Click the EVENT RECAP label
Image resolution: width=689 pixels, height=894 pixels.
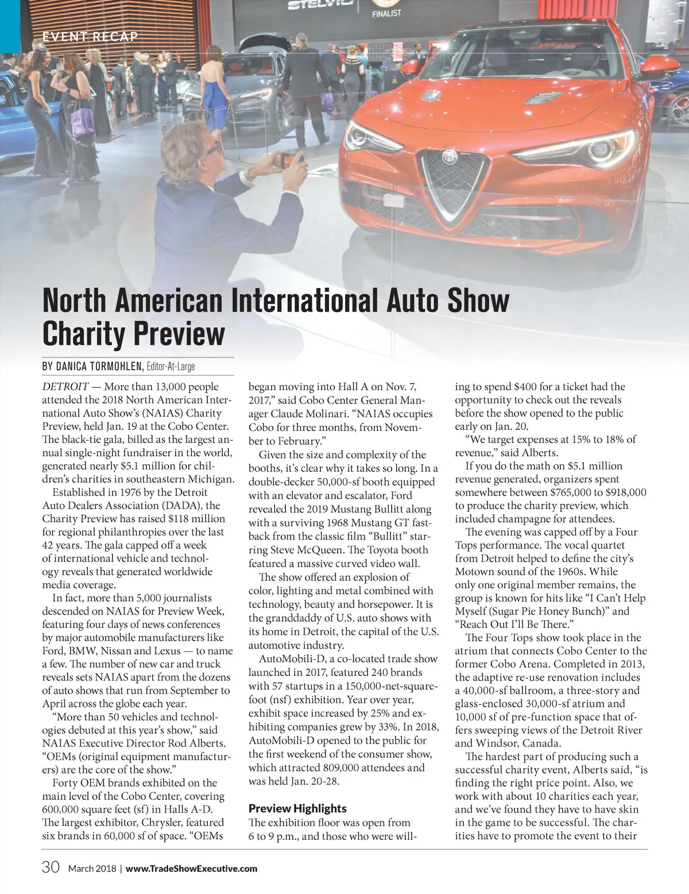tap(90, 37)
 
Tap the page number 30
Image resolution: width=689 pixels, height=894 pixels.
tap(51, 868)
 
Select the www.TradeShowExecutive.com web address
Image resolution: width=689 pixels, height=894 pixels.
tap(191, 868)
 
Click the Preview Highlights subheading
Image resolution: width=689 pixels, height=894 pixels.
tap(297, 808)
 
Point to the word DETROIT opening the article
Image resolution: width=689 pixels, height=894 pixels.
tap(65, 387)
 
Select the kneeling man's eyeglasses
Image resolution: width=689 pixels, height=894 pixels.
tap(212, 148)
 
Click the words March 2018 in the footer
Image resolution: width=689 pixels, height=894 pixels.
tap(92, 868)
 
